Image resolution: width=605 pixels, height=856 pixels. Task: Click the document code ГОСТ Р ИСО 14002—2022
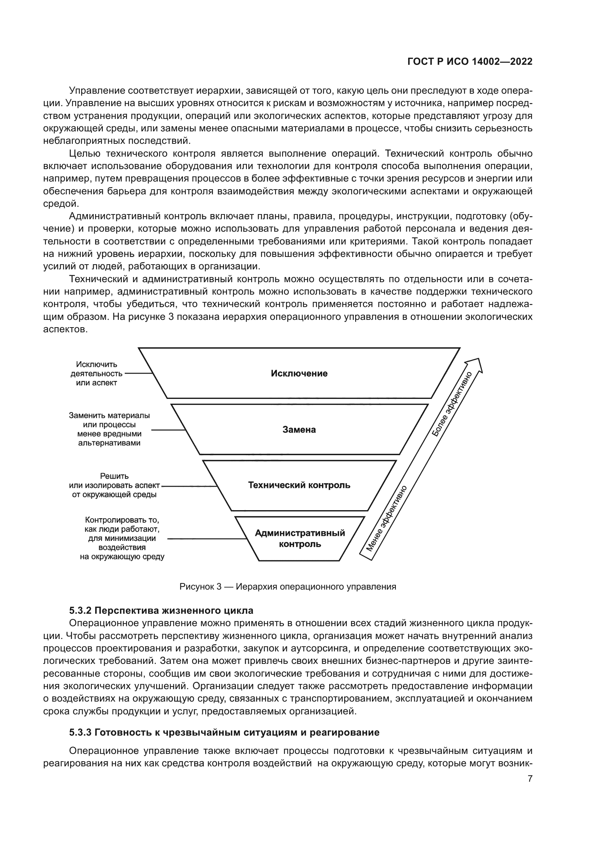tap(470, 62)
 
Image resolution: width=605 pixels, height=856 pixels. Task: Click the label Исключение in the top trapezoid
tap(299, 374)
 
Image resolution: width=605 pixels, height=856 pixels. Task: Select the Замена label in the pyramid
tap(299, 430)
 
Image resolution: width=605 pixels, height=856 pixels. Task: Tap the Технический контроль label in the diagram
tap(299, 485)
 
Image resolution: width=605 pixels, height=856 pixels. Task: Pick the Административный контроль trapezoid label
tap(300, 538)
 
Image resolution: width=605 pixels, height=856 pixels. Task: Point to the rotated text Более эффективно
tap(451, 404)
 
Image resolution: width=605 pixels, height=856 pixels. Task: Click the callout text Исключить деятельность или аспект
tap(97, 374)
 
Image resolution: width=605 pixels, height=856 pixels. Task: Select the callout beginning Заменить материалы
tap(109, 429)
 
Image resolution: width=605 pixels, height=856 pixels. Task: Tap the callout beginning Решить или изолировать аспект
tap(114, 485)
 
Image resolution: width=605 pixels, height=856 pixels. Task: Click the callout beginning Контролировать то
tap(122, 538)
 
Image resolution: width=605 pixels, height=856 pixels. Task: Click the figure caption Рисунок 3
tap(288, 586)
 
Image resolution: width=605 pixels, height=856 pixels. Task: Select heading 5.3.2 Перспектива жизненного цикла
tap(161, 611)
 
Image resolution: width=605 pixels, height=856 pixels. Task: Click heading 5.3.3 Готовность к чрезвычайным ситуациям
tap(224, 732)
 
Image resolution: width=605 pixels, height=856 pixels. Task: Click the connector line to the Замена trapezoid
tap(168, 430)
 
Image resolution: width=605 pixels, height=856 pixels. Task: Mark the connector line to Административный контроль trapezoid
tap(207, 539)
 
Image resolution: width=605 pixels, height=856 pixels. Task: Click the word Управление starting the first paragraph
tap(97, 91)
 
